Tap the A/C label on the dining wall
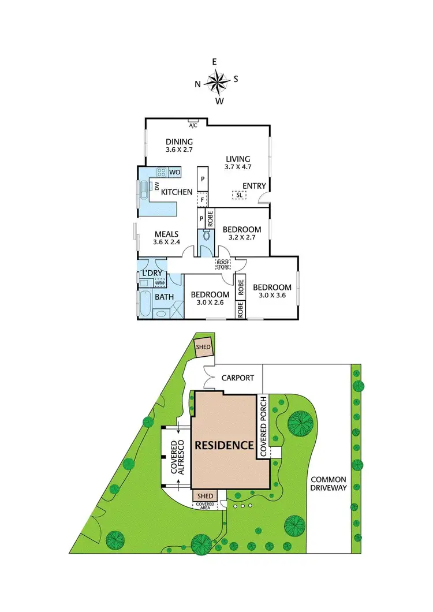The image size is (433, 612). coord(193,125)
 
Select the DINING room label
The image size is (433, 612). coord(179,142)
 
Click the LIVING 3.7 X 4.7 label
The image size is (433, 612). coord(237,163)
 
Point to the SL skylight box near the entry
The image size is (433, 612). coord(239,195)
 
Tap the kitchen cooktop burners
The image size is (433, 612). coord(162,172)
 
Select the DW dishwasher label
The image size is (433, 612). coord(156,185)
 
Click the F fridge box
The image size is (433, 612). coord(202,200)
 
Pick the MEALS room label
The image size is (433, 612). coord(166,234)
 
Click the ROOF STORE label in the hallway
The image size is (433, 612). coord(223,265)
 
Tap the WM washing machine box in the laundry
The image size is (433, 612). coord(160,282)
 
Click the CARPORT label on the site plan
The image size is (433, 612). coord(237,378)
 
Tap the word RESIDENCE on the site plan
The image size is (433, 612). coord(224,445)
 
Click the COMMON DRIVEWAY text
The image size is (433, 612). coord(328,483)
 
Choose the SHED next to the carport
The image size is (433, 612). coord(203,347)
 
